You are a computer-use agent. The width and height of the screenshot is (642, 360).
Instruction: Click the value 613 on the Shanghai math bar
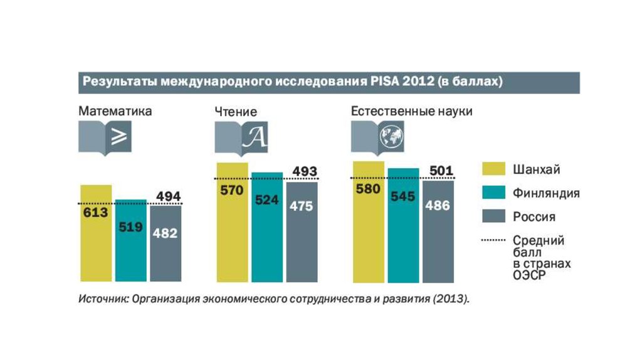95,213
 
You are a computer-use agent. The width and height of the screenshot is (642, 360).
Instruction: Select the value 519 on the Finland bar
130,226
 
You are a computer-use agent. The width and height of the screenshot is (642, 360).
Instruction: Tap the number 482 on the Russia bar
165,233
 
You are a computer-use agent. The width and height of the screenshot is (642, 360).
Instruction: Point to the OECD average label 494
168,197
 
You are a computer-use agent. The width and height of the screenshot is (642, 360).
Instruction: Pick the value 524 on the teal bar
266,201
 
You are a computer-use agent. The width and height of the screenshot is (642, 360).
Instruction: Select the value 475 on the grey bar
301,206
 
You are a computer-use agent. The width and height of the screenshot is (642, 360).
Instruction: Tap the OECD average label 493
305,171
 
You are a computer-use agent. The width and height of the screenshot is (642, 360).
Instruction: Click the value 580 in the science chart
368,189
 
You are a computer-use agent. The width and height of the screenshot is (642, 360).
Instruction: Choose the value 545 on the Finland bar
403,196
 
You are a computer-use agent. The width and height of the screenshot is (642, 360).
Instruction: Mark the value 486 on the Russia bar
438,204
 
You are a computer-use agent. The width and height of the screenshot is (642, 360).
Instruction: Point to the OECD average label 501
441,171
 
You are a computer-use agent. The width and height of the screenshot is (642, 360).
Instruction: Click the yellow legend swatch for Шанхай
493,170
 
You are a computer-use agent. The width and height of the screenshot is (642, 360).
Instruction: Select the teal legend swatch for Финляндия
493,193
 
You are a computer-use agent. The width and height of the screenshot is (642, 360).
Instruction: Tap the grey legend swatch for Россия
493,217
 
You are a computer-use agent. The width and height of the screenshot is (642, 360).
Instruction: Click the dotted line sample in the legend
493,240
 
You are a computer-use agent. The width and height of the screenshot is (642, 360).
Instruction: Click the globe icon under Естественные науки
391,135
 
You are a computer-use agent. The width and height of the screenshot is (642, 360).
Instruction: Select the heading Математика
115,112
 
